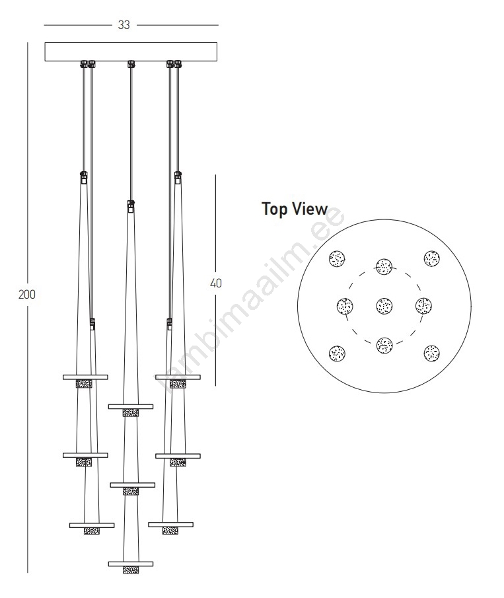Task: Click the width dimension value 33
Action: coord(124,25)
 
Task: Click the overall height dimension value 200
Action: coord(27,294)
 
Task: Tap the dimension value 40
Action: coord(216,283)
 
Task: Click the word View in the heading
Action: coord(310,209)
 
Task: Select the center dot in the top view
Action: coord(384,306)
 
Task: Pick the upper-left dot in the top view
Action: coord(337,258)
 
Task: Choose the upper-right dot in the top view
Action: coord(431,258)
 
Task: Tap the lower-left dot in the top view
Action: coord(337,353)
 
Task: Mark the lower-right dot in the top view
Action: coord(431,353)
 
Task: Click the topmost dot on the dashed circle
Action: coord(384,266)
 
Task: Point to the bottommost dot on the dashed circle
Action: coord(384,345)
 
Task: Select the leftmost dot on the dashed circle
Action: coord(345,306)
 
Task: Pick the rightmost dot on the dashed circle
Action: coord(423,306)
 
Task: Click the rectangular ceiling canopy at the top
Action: coord(131,52)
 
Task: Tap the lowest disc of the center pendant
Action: coord(131,564)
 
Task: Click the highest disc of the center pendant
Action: coord(131,406)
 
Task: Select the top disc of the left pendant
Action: coord(85,377)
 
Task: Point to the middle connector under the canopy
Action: coord(131,64)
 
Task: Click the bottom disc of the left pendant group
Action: coord(92,525)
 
